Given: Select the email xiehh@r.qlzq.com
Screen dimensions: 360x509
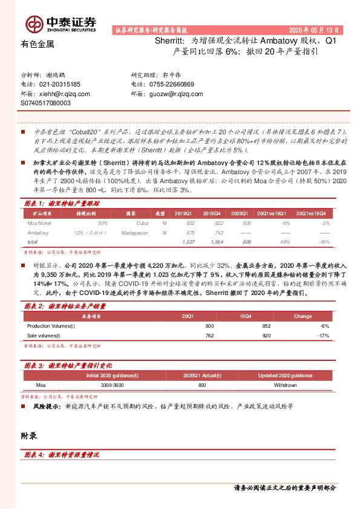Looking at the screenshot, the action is (64, 94).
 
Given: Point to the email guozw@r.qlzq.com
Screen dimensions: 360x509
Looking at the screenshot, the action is (175, 94).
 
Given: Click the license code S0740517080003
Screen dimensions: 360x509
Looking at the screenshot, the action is (45, 103).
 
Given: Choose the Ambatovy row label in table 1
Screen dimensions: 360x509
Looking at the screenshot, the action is (39, 232).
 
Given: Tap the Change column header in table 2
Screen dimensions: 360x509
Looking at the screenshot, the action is (303, 316).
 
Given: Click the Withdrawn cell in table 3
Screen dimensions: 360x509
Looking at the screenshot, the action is (284, 384).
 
